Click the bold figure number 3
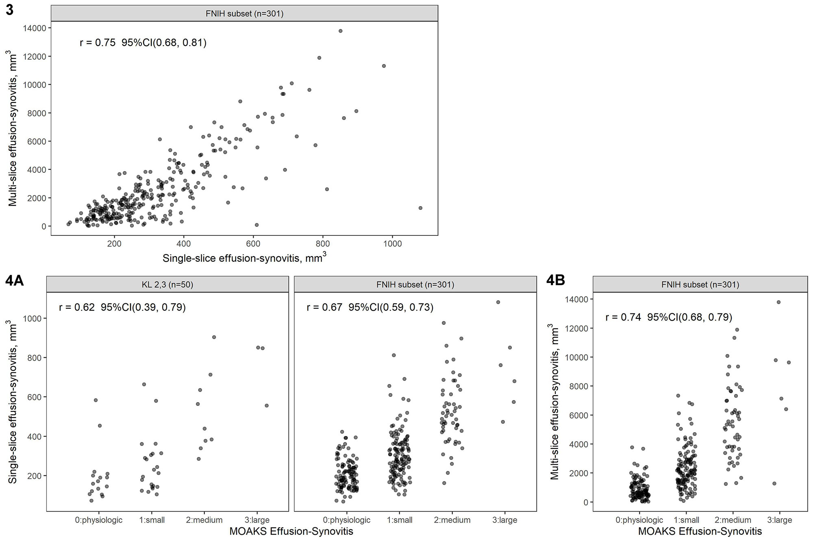coord(9,10)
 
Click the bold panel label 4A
coord(15,281)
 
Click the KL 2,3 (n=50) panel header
coord(167,285)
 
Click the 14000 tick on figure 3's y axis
coord(35,28)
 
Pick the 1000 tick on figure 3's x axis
coord(392,244)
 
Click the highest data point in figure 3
coord(341,31)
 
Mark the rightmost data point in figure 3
coord(420,208)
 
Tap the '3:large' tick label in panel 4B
coord(779,520)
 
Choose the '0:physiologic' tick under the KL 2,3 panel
coord(99,520)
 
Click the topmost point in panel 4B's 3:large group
coord(778,302)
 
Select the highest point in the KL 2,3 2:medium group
coord(214,337)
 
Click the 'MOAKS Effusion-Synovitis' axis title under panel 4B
coord(700,531)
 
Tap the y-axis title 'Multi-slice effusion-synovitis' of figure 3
coord(13,128)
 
